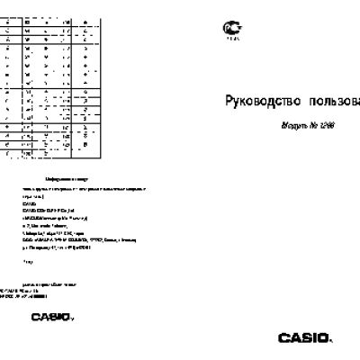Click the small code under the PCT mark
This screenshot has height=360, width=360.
pos(231,40)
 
